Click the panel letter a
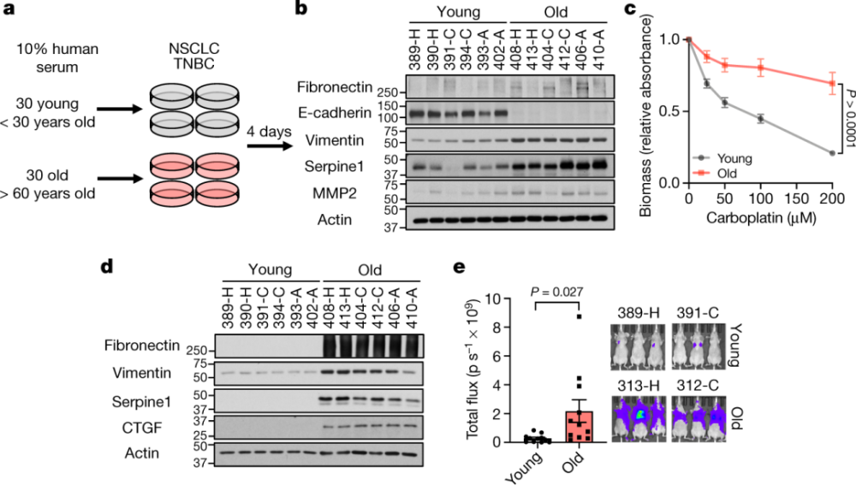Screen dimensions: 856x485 pyautogui.click(x=9, y=9)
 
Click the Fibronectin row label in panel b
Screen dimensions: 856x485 pyautogui.click(x=334, y=86)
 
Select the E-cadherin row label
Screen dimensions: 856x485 pyautogui.click(x=335, y=113)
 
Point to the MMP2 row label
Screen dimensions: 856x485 pyautogui.click(x=335, y=193)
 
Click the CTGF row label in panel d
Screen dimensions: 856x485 pyautogui.click(x=142, y=427)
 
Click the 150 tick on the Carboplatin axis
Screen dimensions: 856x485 pyautogui.click(x=796, y=199)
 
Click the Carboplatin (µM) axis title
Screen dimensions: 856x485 pyautogui.click(x=761, y=218)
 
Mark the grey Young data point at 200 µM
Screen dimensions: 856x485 pyautogui.click(x=832, y=153)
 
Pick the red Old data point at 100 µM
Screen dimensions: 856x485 pyautogui.click(x=760, y=68)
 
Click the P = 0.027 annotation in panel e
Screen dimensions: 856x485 pyautogui.click(x=557, y=293)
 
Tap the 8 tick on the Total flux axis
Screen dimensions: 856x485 pyautogui.click(x=496, y=328)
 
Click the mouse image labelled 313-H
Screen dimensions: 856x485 pyautogui.click(x=639, y=418)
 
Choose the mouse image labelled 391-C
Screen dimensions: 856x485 pyautogui.click(x=698, y=346)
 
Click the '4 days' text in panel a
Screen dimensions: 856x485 pyautogui.click(x=269, y=132)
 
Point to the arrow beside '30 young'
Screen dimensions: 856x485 pyautogui.click(x=120, y=109)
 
